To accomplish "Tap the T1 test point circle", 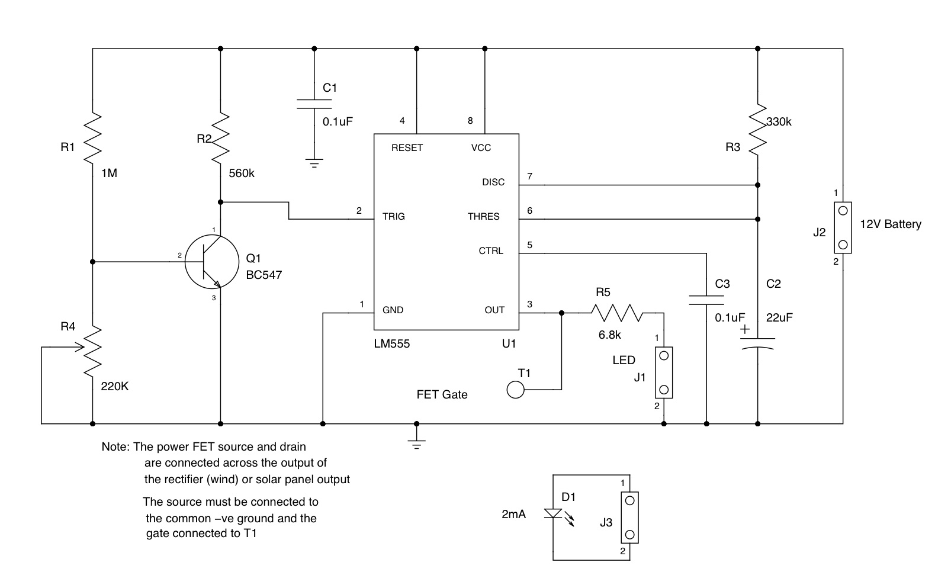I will click(515, 390).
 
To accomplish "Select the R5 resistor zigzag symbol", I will click(616, 313).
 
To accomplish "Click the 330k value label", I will click(779, 122).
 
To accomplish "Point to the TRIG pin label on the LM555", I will click(394, 216).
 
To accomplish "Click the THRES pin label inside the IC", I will click(483, 216).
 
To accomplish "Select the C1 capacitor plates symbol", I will click(314, 104).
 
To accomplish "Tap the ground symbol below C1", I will click(314, 163).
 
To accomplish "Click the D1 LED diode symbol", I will click(552, 513).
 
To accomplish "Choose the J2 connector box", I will click(843, 227).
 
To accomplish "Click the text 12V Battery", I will click(890, 224).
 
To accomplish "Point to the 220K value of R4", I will click(115, 386).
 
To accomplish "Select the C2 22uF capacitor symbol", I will click(757, 343).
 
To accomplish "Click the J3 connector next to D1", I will click(629, 517).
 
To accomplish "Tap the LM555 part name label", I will click(391, 343).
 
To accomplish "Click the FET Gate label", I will click(442, 394).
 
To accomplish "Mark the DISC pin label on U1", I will click(493, 182).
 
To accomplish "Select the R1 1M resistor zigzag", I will click(93, 139).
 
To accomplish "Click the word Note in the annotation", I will click(114, 446).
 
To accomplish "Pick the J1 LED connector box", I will click(663, 372).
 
